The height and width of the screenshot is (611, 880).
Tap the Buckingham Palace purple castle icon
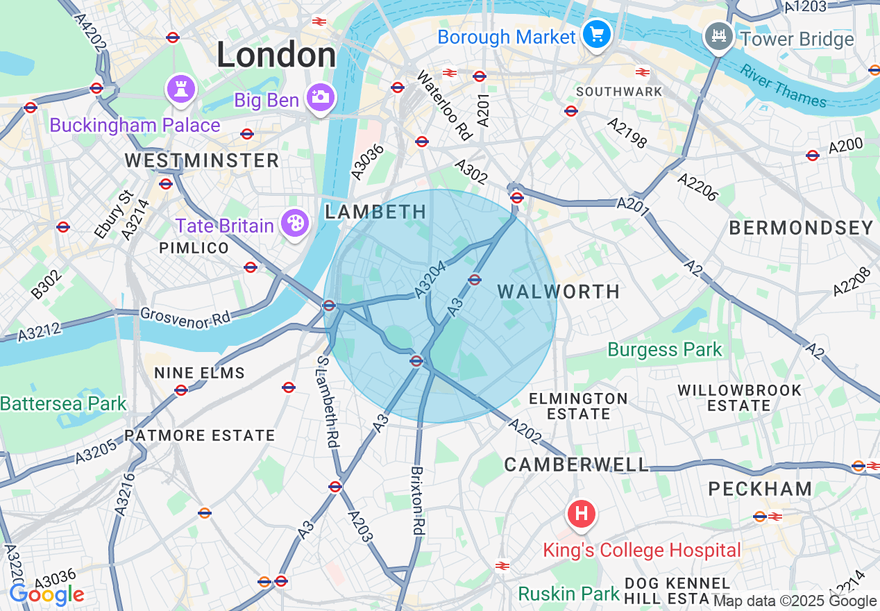point(181,89)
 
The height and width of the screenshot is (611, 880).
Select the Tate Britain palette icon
point(295,224)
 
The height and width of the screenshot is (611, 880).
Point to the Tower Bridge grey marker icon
point(718,35)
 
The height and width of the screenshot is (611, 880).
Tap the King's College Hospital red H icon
point(582,514)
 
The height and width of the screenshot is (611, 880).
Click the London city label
point(276,55)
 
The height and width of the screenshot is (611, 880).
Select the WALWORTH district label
point(559,292)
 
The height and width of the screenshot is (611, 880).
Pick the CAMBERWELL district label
point(577,464)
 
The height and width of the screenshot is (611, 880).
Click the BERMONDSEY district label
point(801,228)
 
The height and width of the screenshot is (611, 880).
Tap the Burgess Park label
point(665,349)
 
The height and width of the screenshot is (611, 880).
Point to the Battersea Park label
point(63,403)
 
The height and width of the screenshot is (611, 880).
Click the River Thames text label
point(783,86)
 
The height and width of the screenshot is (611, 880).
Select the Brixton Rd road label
point(417,500)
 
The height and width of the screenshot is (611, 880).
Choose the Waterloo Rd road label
point(443,104)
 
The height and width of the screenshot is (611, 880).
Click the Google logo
point(46,594)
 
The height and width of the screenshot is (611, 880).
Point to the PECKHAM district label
point(760,489)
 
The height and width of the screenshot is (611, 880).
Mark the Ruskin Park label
point(569,594)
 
